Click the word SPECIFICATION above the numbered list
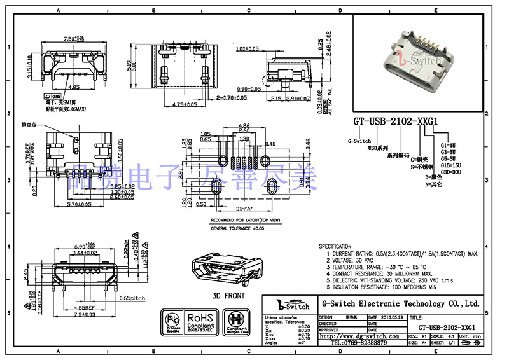click(x=335, y=246)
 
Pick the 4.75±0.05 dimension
click(x=185, y=104)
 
